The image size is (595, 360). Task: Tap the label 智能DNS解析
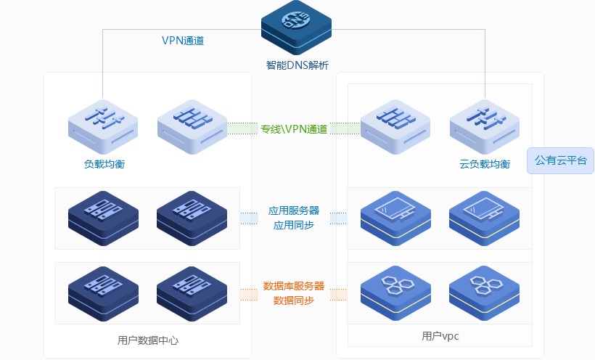click(x=297, y=65)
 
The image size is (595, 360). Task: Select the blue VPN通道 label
click(x=183, y=41)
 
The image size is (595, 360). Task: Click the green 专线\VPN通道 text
click(x=294, y=129)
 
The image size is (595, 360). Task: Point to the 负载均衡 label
click(x=104, y=164)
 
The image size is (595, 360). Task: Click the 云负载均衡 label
click(x=485, y=164)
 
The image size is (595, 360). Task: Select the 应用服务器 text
click(x=294, y=210)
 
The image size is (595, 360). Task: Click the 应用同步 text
click(x=294, y=225)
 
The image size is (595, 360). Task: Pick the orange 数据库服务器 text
click(x=294, y=286)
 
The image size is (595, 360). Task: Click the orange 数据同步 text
click(x=294, y=300)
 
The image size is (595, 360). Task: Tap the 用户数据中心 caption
click(x=147, y=340)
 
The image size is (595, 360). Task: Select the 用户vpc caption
click(x=440, y=336)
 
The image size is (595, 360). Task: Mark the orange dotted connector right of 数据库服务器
click(x=338, y=293)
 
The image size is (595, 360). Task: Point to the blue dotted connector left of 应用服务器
click(x=249, y=218)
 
